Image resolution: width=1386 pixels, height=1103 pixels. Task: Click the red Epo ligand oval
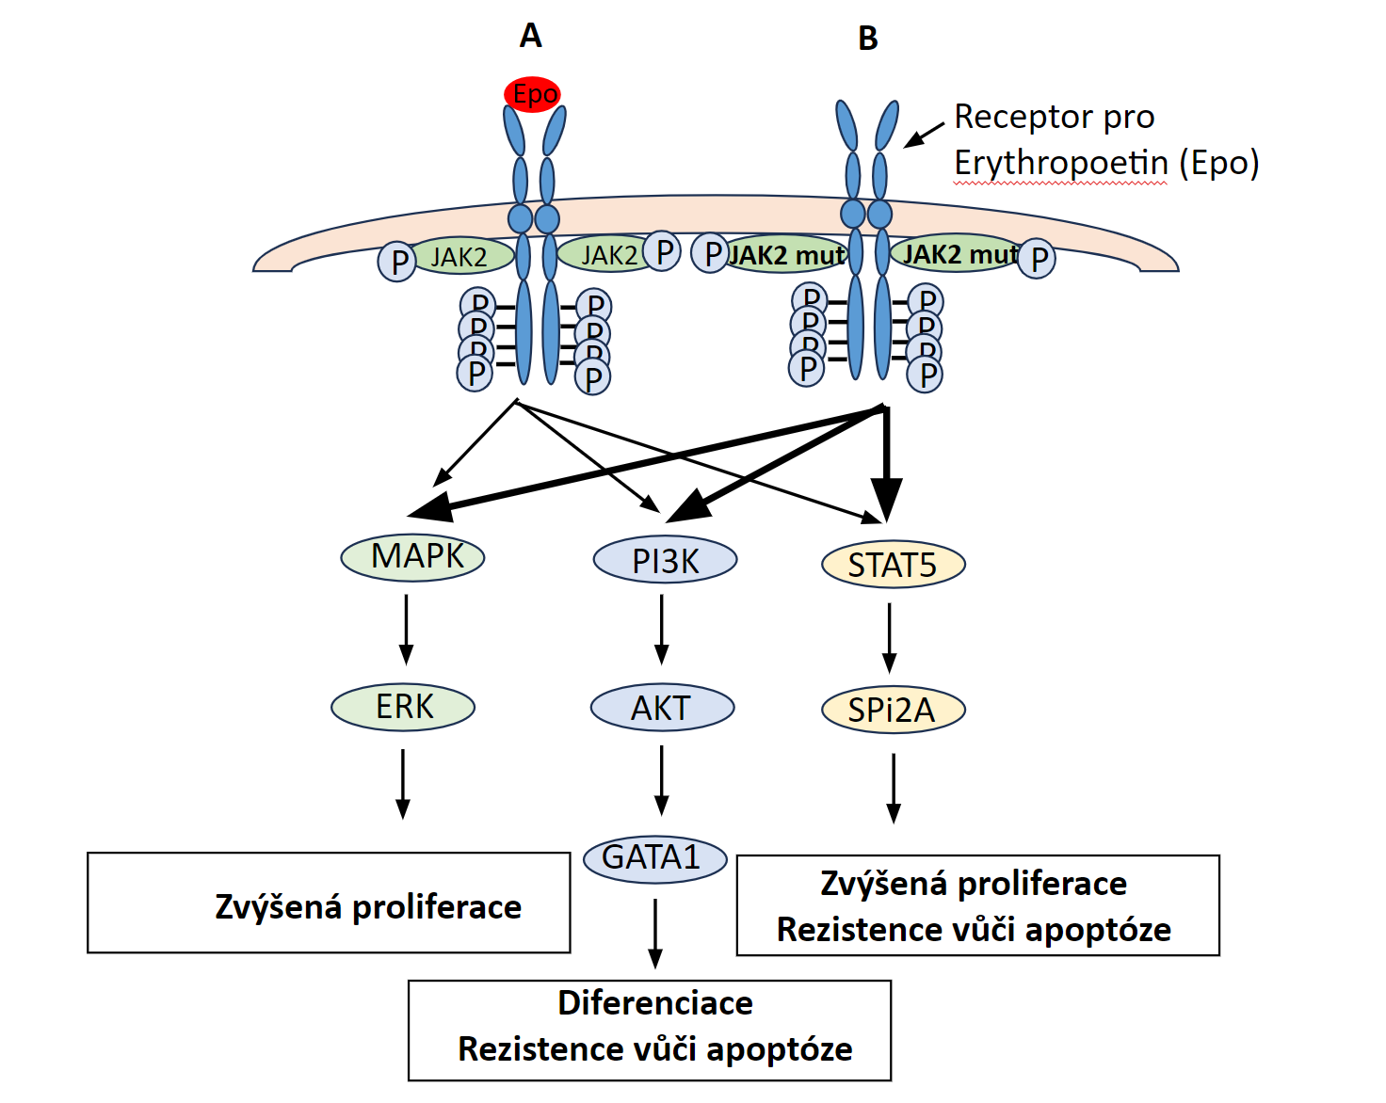click(533, 94)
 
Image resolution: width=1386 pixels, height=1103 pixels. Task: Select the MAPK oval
click(412, 556)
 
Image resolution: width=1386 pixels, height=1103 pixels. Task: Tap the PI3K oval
click(665, 560)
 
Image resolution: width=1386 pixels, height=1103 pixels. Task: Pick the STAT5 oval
click(894, 565)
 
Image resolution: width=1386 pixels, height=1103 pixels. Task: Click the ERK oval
click(403, 707)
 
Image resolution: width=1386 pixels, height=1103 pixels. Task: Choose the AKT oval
click(662, 708)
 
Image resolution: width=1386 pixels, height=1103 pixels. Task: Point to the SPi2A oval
click(894, 710)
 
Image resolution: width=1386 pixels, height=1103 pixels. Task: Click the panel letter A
click(531, 36)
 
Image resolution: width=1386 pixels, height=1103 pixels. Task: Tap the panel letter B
click(868, 39)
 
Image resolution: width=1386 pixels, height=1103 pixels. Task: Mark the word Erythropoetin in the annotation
click(1061, 163)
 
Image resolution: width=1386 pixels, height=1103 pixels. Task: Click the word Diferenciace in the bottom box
click(655, 1003)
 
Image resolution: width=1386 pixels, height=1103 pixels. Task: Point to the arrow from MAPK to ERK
click(406, 629)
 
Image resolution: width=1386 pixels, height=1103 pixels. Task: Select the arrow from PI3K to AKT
click(662, 629)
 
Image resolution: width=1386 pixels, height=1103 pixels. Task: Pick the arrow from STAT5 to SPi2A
click(890, 637)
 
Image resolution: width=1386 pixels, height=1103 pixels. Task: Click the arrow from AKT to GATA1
click(662, 779)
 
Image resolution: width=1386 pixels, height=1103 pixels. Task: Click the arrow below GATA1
click(655, 933)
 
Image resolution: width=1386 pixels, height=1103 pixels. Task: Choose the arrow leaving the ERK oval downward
click(403, 783)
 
